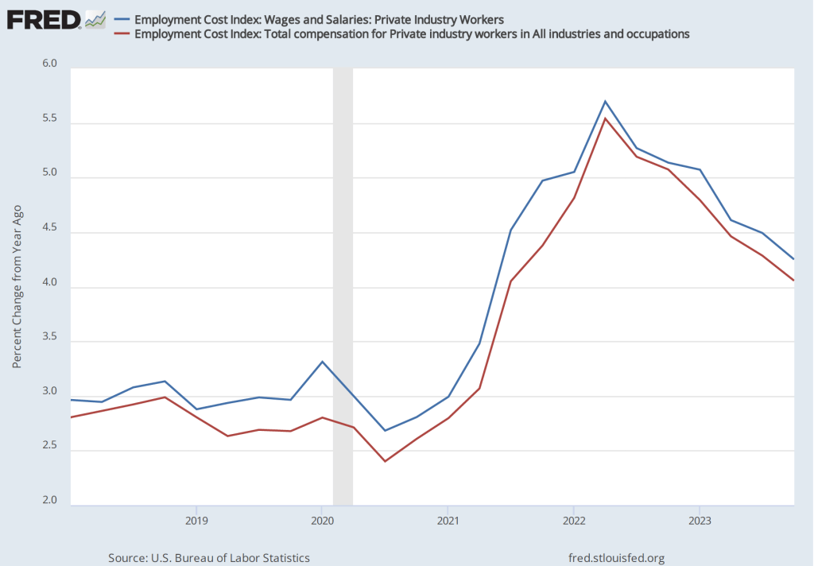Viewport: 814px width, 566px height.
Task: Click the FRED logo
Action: click(44, 17)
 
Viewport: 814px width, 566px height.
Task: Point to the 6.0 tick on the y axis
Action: click(50, 64)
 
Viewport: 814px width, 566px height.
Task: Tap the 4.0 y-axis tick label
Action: click(50, 283)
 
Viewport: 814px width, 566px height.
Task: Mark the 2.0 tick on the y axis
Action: click(50, 501)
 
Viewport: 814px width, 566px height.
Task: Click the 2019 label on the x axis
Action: click(196, 521)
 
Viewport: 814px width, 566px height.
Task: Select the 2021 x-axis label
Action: click(448, 521)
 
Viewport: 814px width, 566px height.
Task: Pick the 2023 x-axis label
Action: click(700, 521)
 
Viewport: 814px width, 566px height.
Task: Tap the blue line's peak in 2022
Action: click(605, 101)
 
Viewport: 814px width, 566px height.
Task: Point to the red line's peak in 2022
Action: click(605, 118)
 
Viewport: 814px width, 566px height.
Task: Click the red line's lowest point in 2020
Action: click(385, 461)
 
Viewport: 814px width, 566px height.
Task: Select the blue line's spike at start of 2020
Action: click(322, 362)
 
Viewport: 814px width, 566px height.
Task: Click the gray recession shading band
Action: click(343, 286)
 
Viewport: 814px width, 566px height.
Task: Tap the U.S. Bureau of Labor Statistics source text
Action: click(209, 558)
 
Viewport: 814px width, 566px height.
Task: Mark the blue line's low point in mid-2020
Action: click(385, 431)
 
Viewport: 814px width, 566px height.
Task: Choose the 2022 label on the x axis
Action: click(573, 521)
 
